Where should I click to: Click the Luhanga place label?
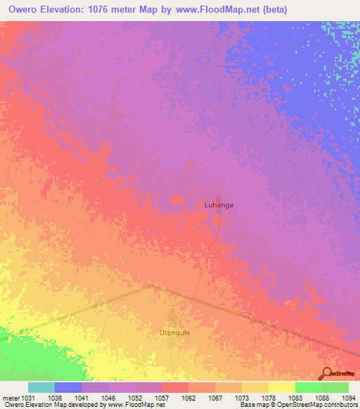218,204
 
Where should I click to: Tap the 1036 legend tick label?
55,398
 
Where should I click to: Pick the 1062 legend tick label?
188,398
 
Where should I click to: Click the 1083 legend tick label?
295,398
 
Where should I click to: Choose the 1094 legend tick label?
349,398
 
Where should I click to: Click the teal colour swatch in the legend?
41,387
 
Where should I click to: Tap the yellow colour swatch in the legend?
282,387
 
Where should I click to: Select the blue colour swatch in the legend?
68,387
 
